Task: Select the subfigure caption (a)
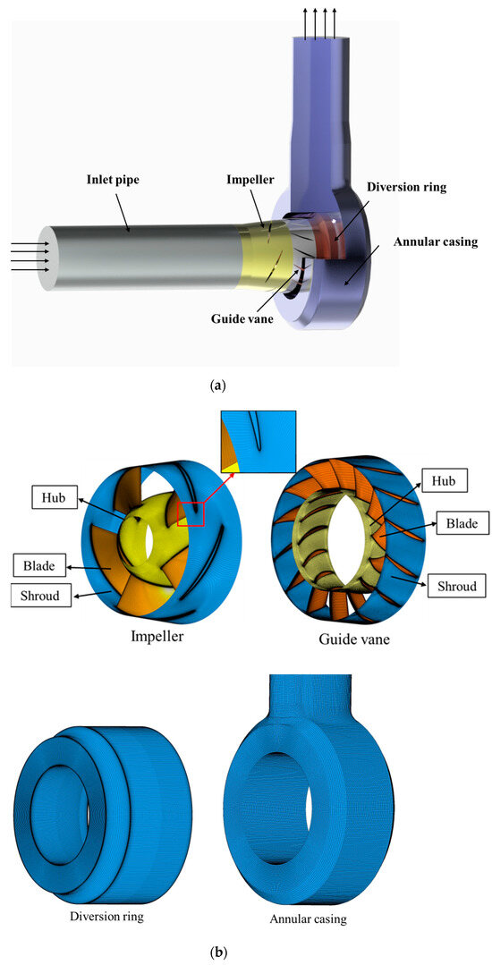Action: click(247, 386)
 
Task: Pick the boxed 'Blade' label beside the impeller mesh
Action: click(40, 565)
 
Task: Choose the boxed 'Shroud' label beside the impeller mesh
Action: click(41, 595)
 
